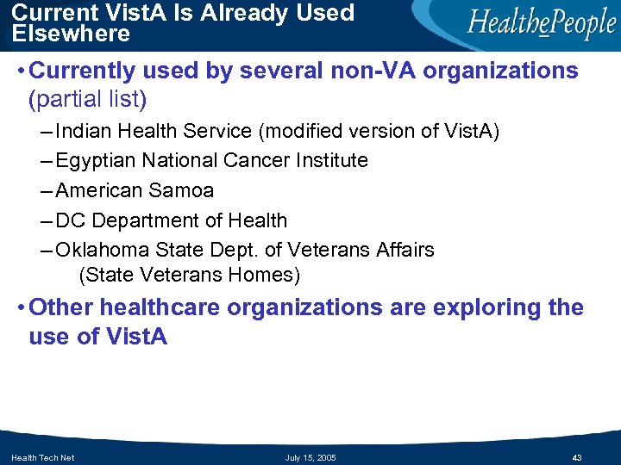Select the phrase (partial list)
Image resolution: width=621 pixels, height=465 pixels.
[x=88, y=100]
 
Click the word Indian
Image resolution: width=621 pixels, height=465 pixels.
[x=85, y=132]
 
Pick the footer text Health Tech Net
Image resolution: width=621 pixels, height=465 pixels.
[x=43, y=457]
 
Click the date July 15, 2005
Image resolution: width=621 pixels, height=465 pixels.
[x=310, y=457]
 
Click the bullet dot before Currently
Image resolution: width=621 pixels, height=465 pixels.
[x=19, y=71]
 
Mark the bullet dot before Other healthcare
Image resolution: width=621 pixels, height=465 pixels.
[x=19, y=308]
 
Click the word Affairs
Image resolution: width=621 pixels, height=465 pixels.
[x=405, y=250]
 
